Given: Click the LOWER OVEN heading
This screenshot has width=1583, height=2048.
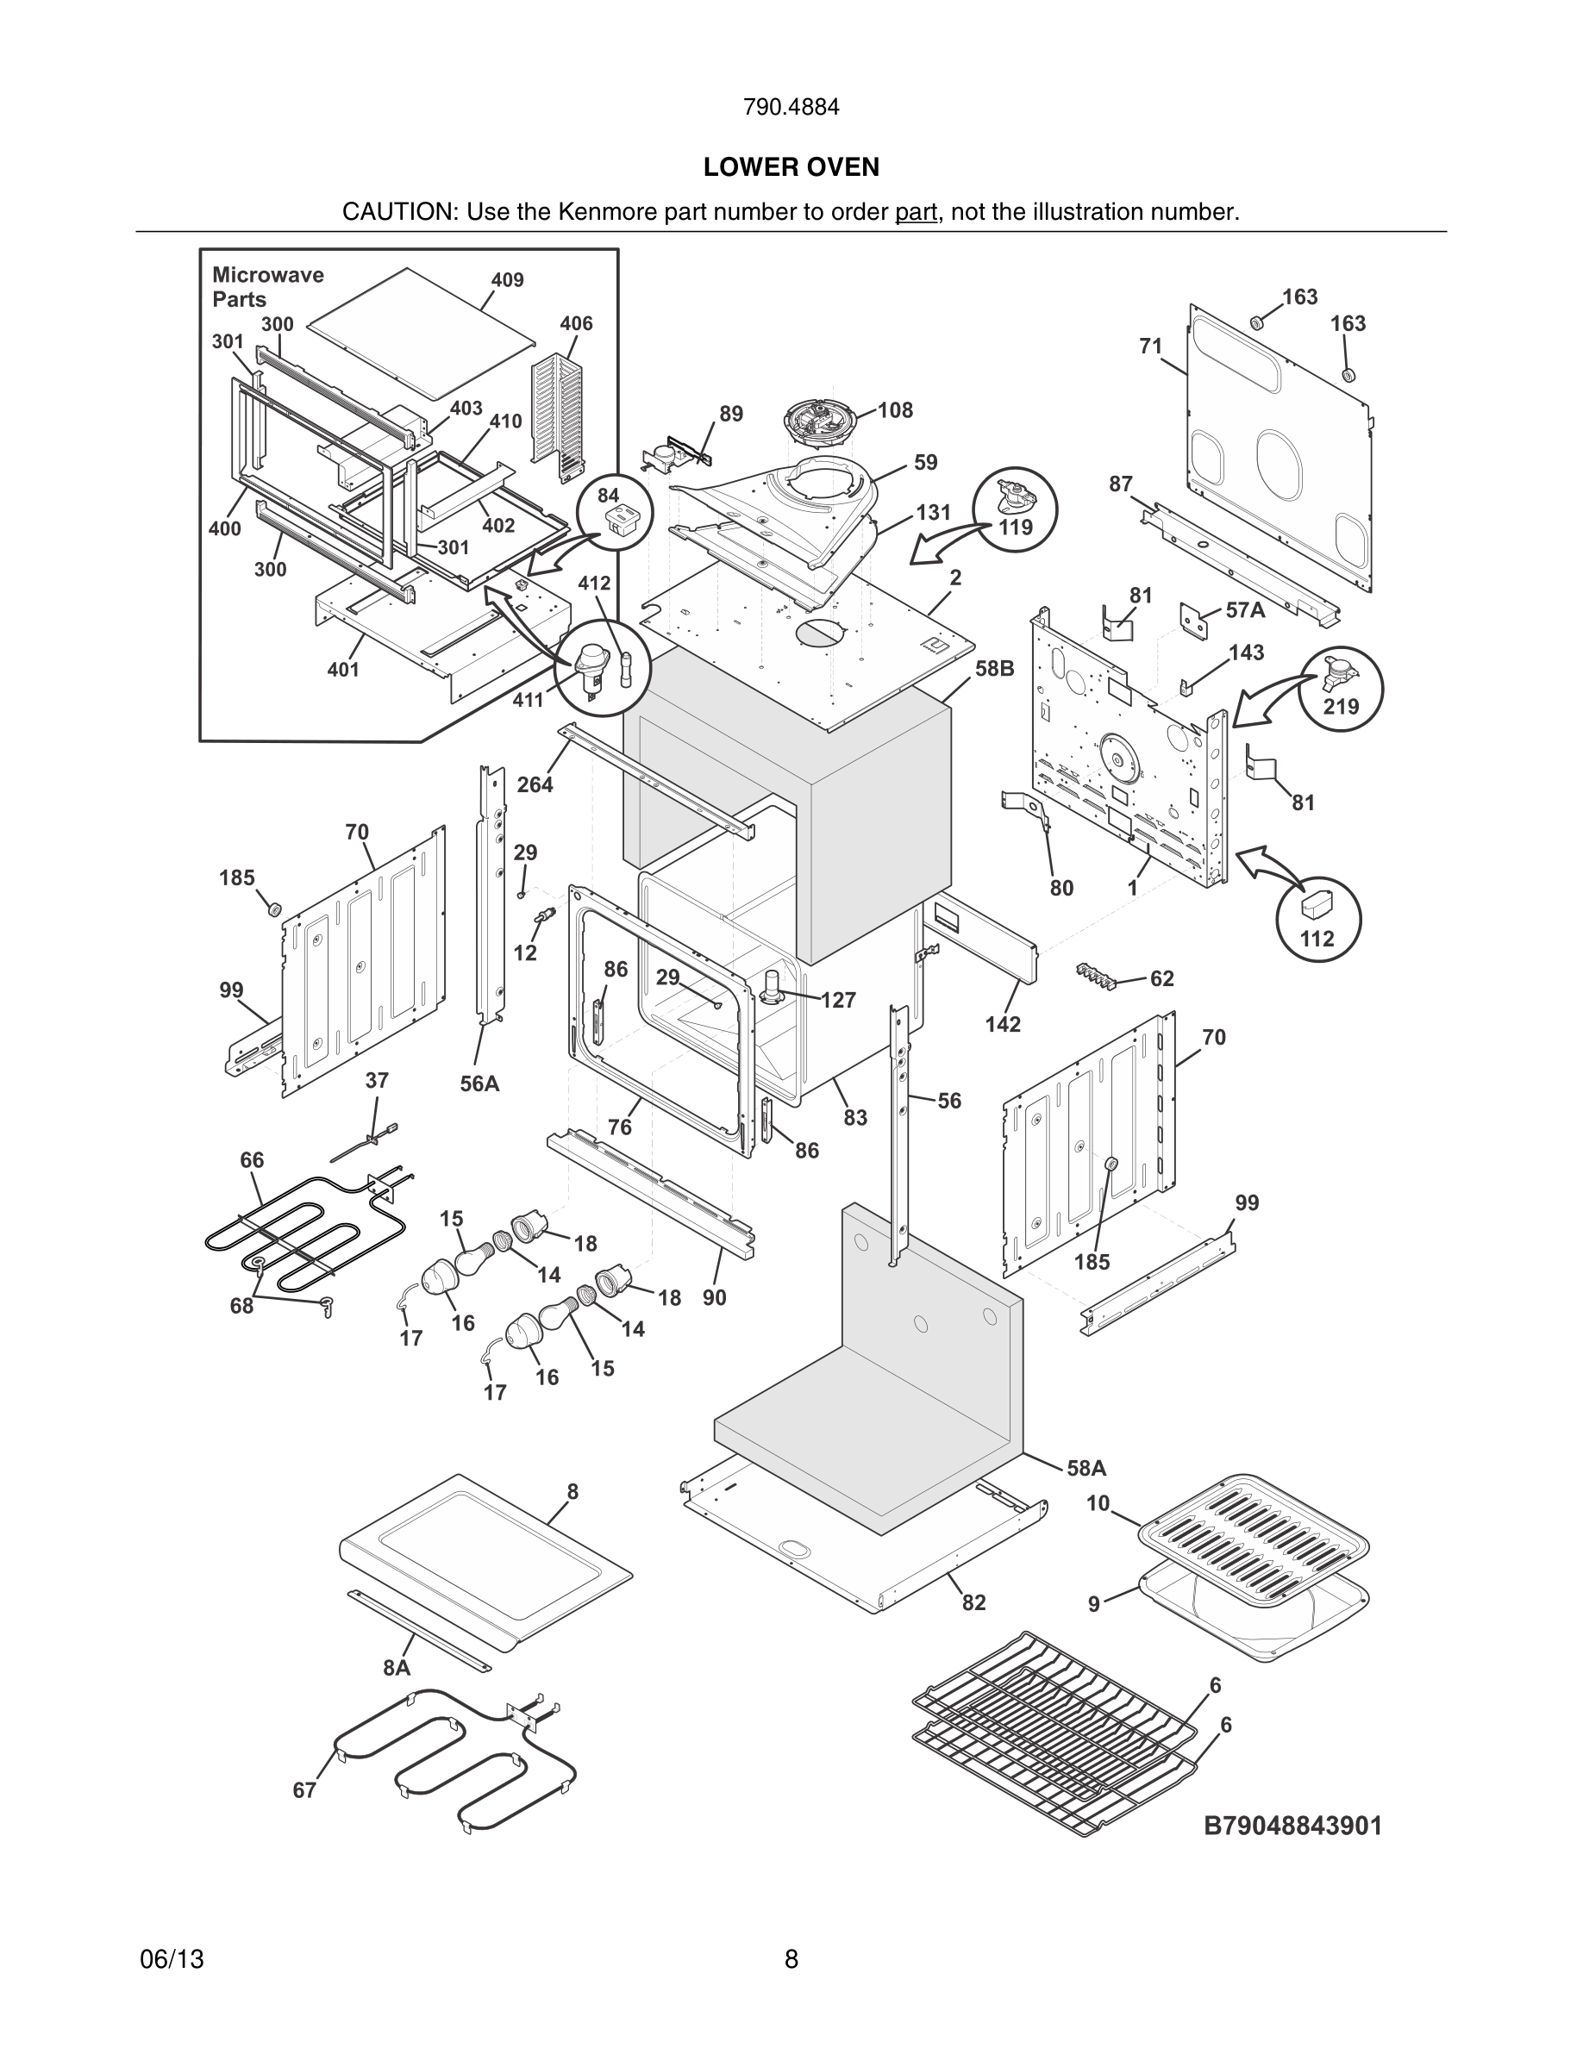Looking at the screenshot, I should coord(791,167).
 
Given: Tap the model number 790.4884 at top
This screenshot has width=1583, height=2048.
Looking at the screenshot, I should coord(791,108).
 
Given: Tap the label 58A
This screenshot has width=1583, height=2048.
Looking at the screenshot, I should coord(1087,1468).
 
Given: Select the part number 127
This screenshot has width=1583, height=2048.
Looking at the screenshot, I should coord(837,1001).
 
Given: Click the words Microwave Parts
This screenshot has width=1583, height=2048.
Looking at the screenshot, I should coord(267,287).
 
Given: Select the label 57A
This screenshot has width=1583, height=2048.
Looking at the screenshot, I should coord(1244,610).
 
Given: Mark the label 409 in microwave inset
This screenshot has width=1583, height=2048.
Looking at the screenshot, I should coord(507,280).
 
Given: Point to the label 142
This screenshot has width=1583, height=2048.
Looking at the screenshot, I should coord(1003,1024).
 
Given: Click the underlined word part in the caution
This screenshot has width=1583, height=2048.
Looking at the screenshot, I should coord(916,213).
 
